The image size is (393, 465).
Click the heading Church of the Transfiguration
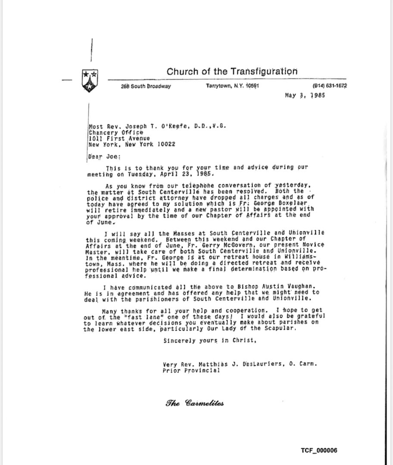click(x=232, y=71)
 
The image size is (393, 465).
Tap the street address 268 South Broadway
click(x=146, y=86)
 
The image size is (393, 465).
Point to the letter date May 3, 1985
click(x=305, y=95)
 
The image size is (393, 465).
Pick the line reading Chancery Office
click(x=115, y=133)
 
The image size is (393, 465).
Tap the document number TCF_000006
click(x=319, y=450)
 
